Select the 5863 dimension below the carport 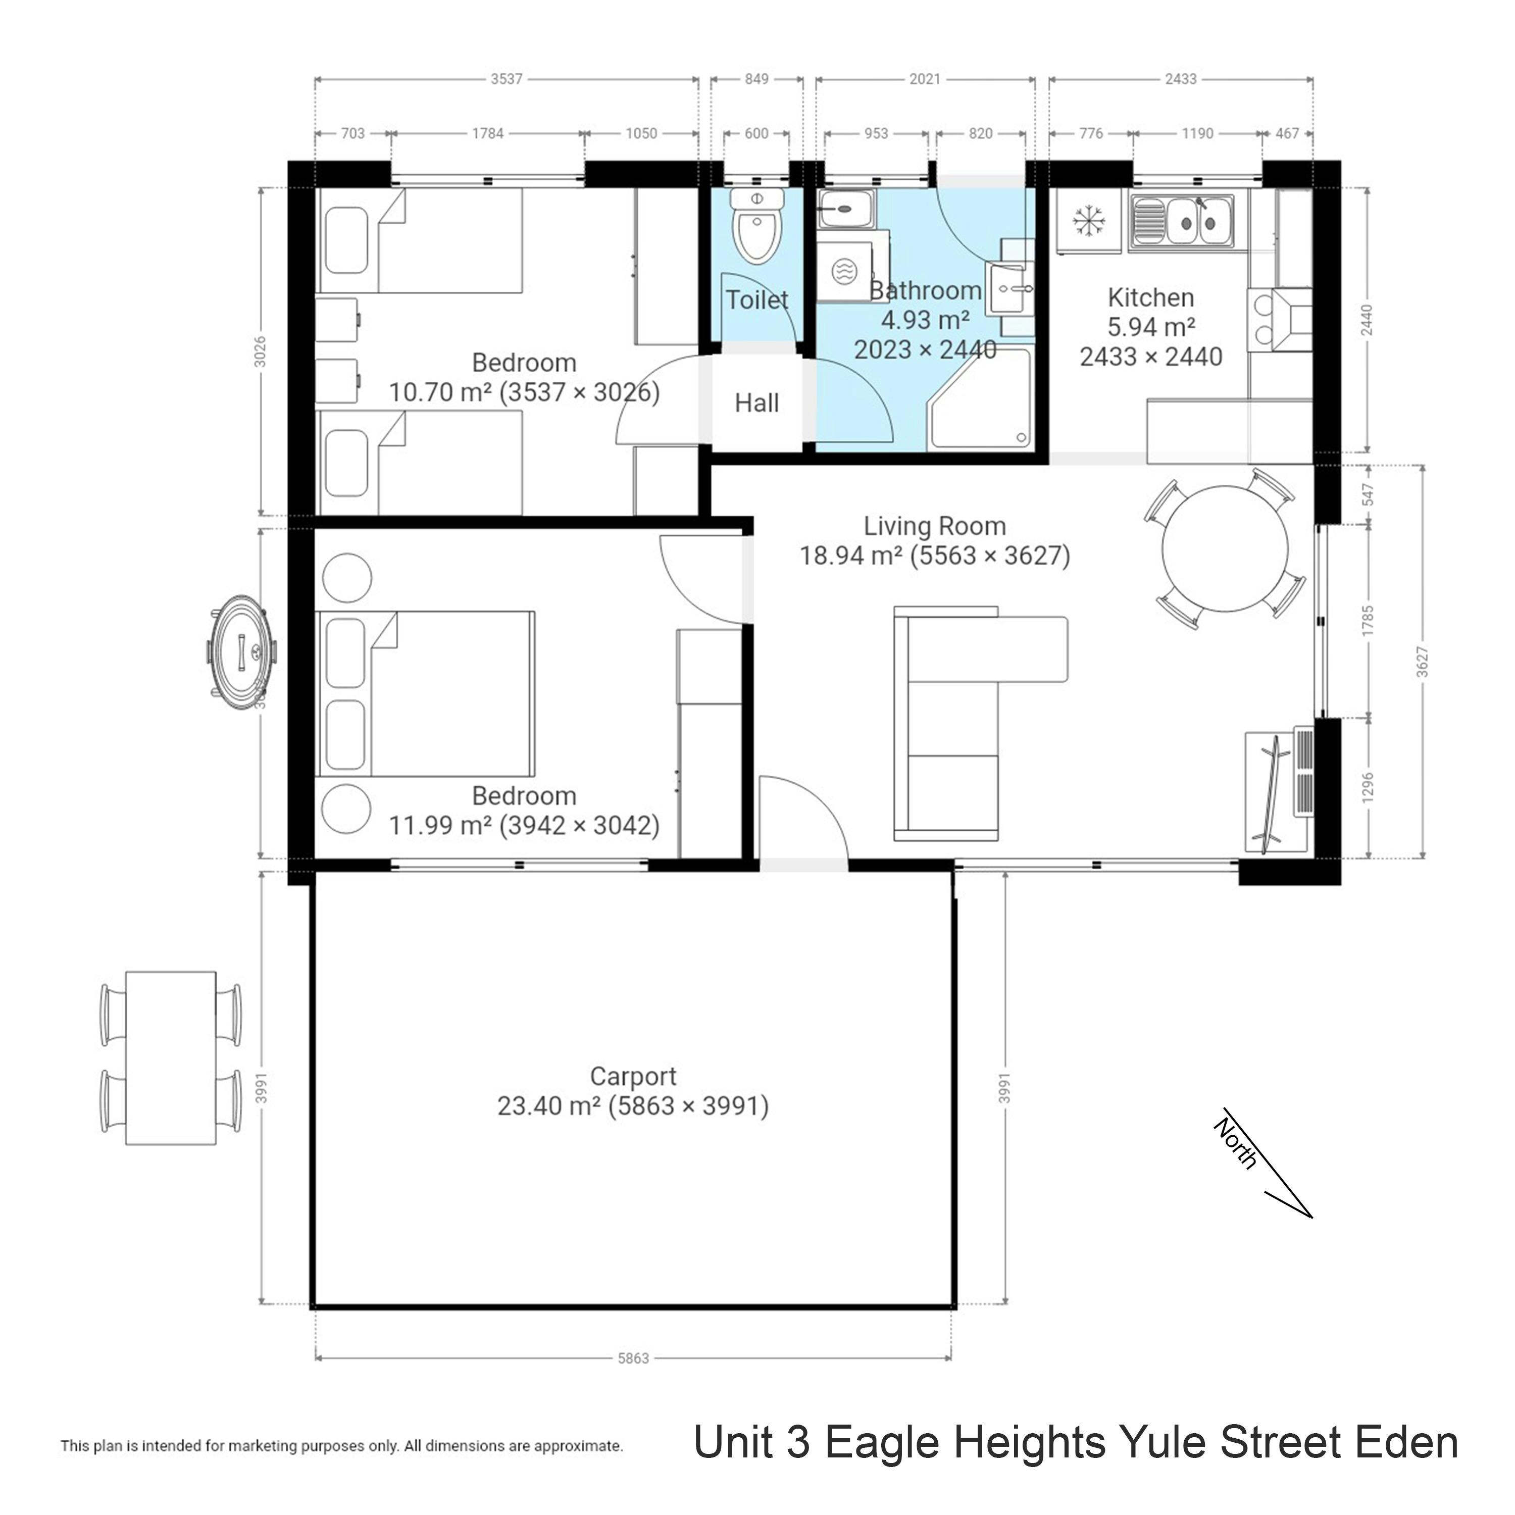pos(633,1358)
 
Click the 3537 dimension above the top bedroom pos(507,79)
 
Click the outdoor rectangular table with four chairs pos(171,1058)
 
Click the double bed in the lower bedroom pos(427,694)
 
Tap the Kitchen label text pos(1150,298)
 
